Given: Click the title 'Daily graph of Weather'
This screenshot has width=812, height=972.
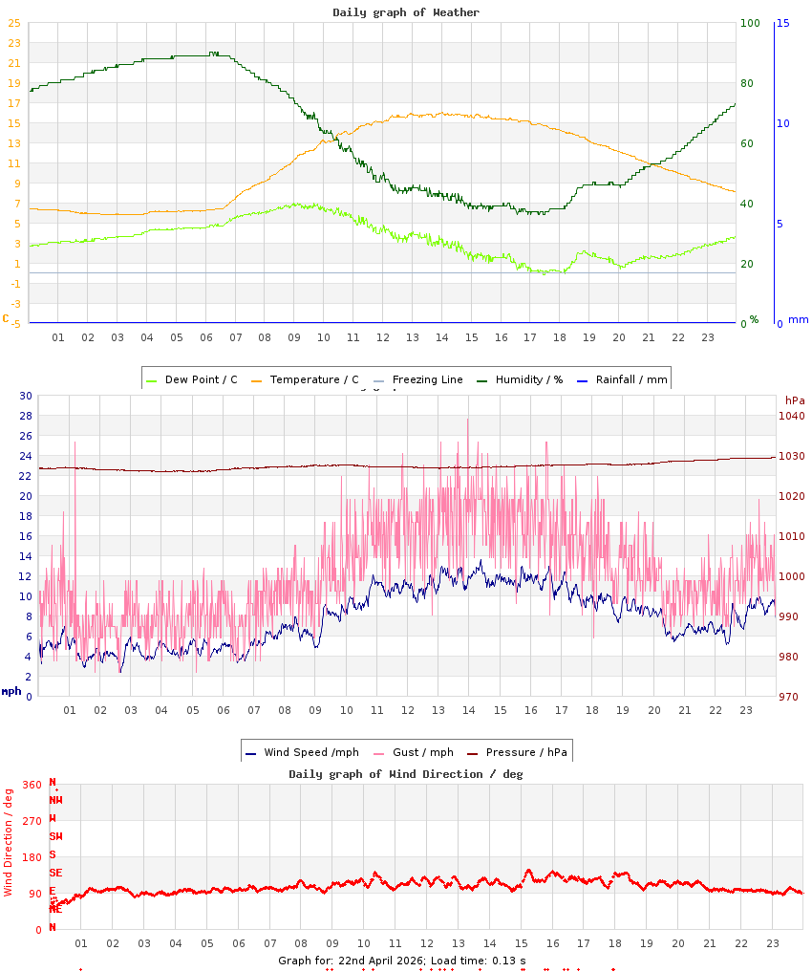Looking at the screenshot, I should point(406,12).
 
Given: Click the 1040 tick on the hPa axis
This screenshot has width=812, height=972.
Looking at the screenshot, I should point(792,416).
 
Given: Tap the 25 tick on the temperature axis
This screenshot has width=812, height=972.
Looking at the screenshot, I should point(13,23).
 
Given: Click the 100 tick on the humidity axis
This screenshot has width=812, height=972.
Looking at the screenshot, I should point(750,23).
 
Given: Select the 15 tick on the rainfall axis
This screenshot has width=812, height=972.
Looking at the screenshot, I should point(782,23).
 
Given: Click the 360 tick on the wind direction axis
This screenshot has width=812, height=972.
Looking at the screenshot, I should point(32,785).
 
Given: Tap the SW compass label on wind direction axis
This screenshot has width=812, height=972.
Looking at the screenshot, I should point(55,836).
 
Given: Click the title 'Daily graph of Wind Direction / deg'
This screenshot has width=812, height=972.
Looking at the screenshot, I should point(406,774).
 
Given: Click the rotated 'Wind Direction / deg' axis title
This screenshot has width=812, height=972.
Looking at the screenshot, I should point(9,842).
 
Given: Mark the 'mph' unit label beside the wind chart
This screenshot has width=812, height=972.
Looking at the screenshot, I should point(11,691).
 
